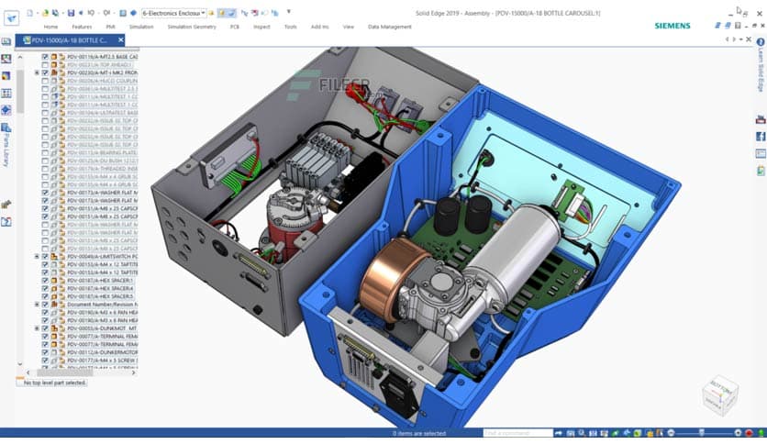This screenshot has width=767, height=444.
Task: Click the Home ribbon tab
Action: pyautogui.click(x=50, y=27)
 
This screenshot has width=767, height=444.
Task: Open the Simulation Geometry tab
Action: pyautogui.click(x=191, y=27)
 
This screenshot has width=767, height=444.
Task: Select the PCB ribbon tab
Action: pyautogui.click(x=234, y=27)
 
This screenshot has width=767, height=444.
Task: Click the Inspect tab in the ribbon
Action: pyautogui.click(x=261, y=27)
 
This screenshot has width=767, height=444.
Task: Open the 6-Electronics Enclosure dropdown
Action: pyautogui.click(x=172, y=13)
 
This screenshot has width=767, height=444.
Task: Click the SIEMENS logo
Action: pyautogui.click(x=672, y=26)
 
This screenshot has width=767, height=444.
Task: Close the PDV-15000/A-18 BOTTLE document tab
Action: pyautogui.click(x=114, y=41)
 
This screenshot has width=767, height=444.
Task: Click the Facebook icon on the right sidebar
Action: pyautogui.click(x=760, y=136)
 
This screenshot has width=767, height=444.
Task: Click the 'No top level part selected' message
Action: pyautogui.click(x=54, y=383)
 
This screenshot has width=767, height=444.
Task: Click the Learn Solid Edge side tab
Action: pyautogui.click(x=760, y=68)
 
